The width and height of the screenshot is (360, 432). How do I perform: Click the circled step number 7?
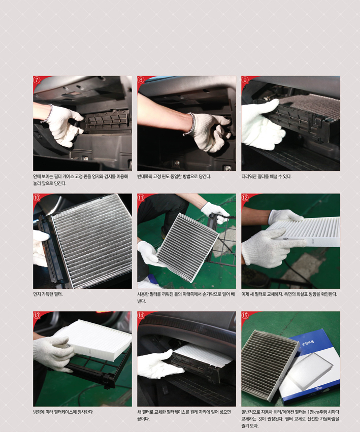(37, 80)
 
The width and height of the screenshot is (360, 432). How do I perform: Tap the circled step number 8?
(141, 80)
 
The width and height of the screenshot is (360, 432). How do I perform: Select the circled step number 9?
(245, 80)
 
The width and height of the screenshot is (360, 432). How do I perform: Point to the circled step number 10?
(37, 197)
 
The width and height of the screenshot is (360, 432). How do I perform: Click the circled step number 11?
(141, 197)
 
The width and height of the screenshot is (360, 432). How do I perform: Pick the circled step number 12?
(245, 197)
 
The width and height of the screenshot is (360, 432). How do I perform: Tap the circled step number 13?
(37, 315)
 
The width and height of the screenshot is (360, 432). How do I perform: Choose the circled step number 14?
(141, 315)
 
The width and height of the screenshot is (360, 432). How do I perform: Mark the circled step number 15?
(245, 315)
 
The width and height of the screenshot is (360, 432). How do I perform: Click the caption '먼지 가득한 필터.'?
(48, 294)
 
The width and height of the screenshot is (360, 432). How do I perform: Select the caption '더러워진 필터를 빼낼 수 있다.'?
(266, 176)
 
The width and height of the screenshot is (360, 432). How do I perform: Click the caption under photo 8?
(174, 176)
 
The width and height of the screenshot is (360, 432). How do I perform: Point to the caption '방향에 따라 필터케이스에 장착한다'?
(63, 412)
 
